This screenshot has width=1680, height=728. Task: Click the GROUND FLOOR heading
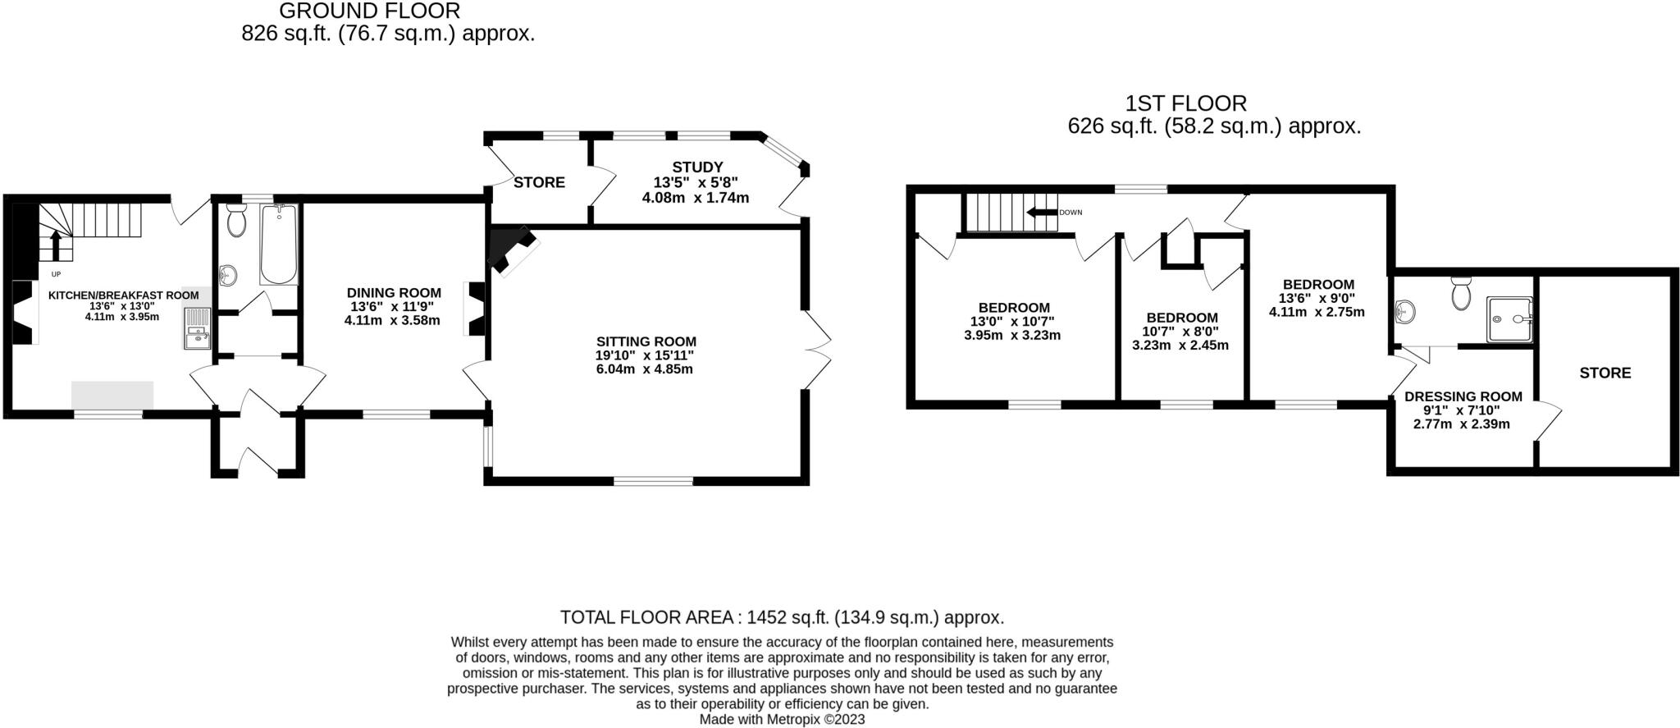pyautogui.click(x=369, y=11)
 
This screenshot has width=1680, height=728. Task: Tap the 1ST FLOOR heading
pyautogui.click(x=1185, y=103)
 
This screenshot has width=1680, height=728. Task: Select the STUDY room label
pyautogui.click(x=697, y=167)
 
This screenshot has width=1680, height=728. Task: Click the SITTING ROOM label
pyautogui.click(x=646, y=341)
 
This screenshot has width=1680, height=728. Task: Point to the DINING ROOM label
pyautogui.click(x=394, y=293)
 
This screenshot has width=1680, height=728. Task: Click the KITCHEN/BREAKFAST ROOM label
pyautogui.click(x=123, y=295)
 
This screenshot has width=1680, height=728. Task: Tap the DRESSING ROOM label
pyautogui.click(x=1463, y=396)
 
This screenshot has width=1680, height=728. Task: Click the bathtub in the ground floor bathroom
pyautogui.click(x=279, y=244)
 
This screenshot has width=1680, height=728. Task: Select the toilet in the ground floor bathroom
pyautogui.click(x=236, y=220)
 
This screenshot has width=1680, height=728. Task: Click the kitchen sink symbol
pyautogui.click(x=198, y=328)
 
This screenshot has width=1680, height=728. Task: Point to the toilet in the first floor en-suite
pyautogui.click(x=1460, y=294)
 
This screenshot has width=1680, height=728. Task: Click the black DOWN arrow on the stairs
pyautogui.click(x=1041, y=213)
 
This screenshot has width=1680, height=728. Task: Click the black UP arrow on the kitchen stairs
pyautogui.click(x=56, y=244)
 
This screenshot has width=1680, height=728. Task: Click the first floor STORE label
pyautogui.click(x=1605, y=373)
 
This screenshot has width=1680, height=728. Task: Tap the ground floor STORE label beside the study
pyautogui.click(x=539, y=182)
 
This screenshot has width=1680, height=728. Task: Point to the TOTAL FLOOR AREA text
pyautogui.click(x=781, y=617)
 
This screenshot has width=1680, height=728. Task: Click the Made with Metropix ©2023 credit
pyautogui.click(x=781, y=720)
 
